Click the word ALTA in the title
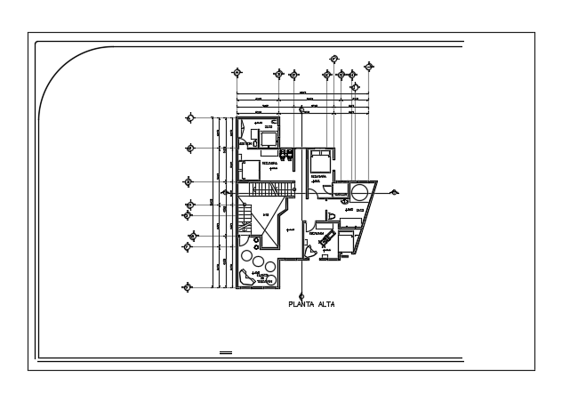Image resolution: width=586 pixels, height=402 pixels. pyautogui.click(x=326, y=304)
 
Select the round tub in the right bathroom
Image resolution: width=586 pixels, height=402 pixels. pyautogui.click(x=360, y=192)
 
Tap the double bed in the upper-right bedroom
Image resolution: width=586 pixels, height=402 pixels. pyautogui.click(x=320, y=162)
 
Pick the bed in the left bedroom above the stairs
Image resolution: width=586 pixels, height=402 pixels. pyautogui.click(x=251, y=169)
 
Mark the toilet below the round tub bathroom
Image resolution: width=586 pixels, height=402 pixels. pyautogui.click(x=331, y=217)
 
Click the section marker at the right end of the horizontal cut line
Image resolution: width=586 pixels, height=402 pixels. pyautogui.click(x=394, y=192)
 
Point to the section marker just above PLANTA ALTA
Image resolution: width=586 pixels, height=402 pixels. pyautogui.click(x=301, y=296)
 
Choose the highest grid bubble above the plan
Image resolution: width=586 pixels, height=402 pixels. pyautogui.click(x=334, y=59)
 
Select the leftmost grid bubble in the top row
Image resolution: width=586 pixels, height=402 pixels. pyautogui.click(x=237, y=73)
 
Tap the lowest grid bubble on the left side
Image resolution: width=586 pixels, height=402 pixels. pyautogui.click(x=187, y=286)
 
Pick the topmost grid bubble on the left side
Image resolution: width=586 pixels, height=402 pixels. pyautogui.click(x=189, y=117)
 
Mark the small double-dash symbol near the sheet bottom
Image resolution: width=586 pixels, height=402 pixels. pyautogui.click(x=225, y=353)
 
